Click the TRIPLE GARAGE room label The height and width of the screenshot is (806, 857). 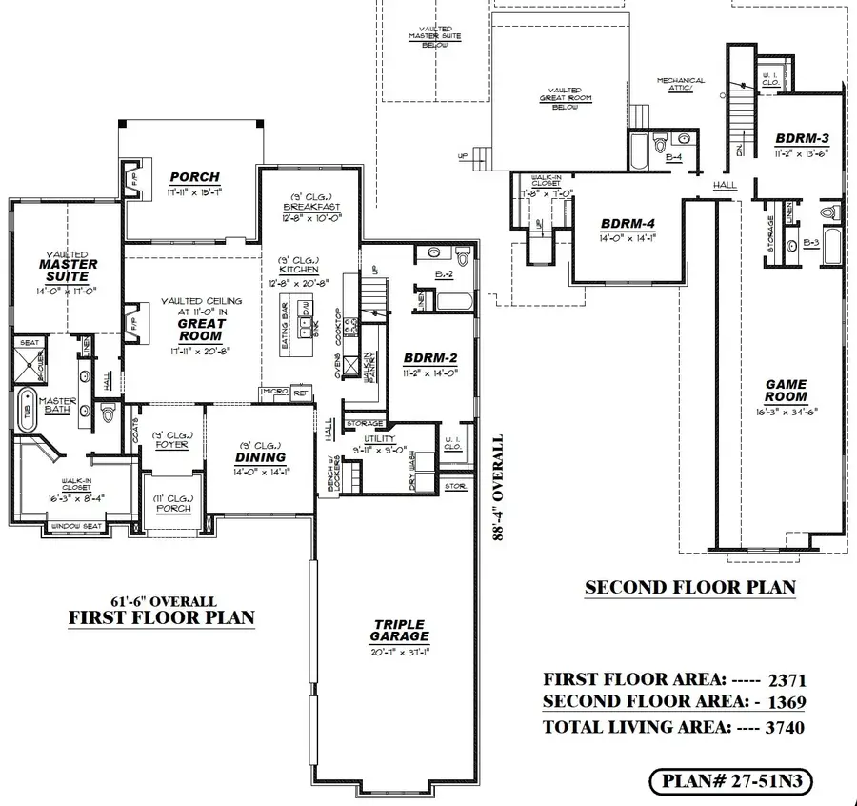click(400, 631)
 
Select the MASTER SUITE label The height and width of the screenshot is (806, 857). click(70, 270)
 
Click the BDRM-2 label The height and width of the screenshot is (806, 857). click(430, 358)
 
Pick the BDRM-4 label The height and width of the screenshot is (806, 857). click(628, 225)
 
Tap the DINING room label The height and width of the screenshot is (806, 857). click(259, 457)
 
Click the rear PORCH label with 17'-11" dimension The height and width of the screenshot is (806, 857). click(194, 177)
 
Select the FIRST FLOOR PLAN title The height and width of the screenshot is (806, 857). click(162, 617)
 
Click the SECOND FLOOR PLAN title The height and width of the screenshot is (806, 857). click(690, 588)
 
